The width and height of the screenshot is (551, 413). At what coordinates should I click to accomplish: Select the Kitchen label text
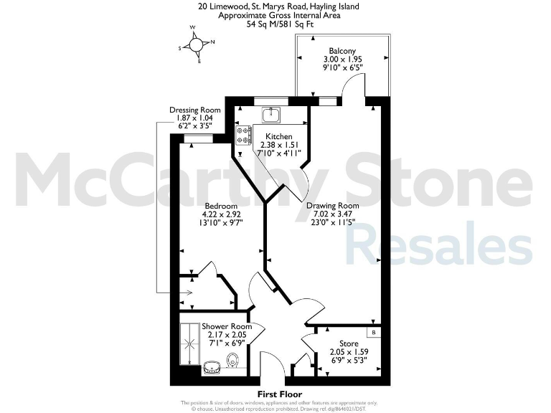coord(278,136)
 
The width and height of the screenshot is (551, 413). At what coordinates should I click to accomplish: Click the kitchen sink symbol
coord(270,114)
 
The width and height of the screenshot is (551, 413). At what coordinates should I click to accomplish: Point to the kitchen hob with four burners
coord(243,136)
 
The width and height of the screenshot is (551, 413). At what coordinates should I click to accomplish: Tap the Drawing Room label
coord(333,205)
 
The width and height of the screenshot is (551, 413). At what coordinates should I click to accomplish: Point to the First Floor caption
coord(281,394)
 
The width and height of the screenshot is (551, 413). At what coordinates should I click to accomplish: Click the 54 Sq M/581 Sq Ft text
coord(278,23)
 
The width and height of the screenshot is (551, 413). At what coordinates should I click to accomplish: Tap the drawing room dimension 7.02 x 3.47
coord(333,214)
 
